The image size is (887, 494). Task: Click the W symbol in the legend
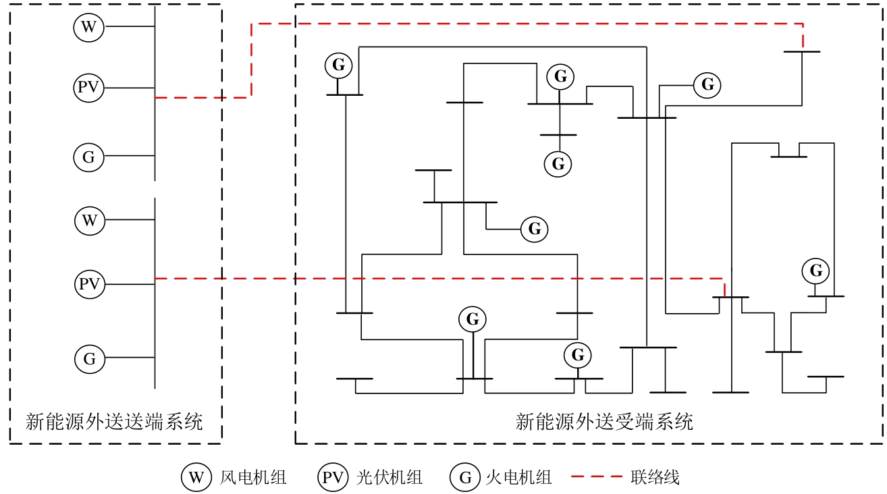tap(195, 478)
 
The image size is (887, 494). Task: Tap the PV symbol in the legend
tap(332, 478)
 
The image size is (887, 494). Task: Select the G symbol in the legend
tap(464, 478)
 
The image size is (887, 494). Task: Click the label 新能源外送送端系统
tap(114, 422)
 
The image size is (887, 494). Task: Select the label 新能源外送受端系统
tap(604, 422)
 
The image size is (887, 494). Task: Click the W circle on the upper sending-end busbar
tap(88, 27)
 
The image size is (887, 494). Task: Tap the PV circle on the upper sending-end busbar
tap(88, 88)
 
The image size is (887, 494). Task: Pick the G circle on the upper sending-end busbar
tap(88, 157)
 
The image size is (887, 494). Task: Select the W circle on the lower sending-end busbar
tap(89, 220)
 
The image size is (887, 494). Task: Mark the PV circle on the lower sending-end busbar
tap(89, 284)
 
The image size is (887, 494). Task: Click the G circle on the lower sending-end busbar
tap(89, 358)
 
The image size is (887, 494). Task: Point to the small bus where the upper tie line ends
tap(802, 51)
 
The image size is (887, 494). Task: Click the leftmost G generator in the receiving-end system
tap(338, 65)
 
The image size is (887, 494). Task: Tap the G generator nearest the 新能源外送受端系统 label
tap(577, 354)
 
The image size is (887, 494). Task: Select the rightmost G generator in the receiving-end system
tap(815, 271)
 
